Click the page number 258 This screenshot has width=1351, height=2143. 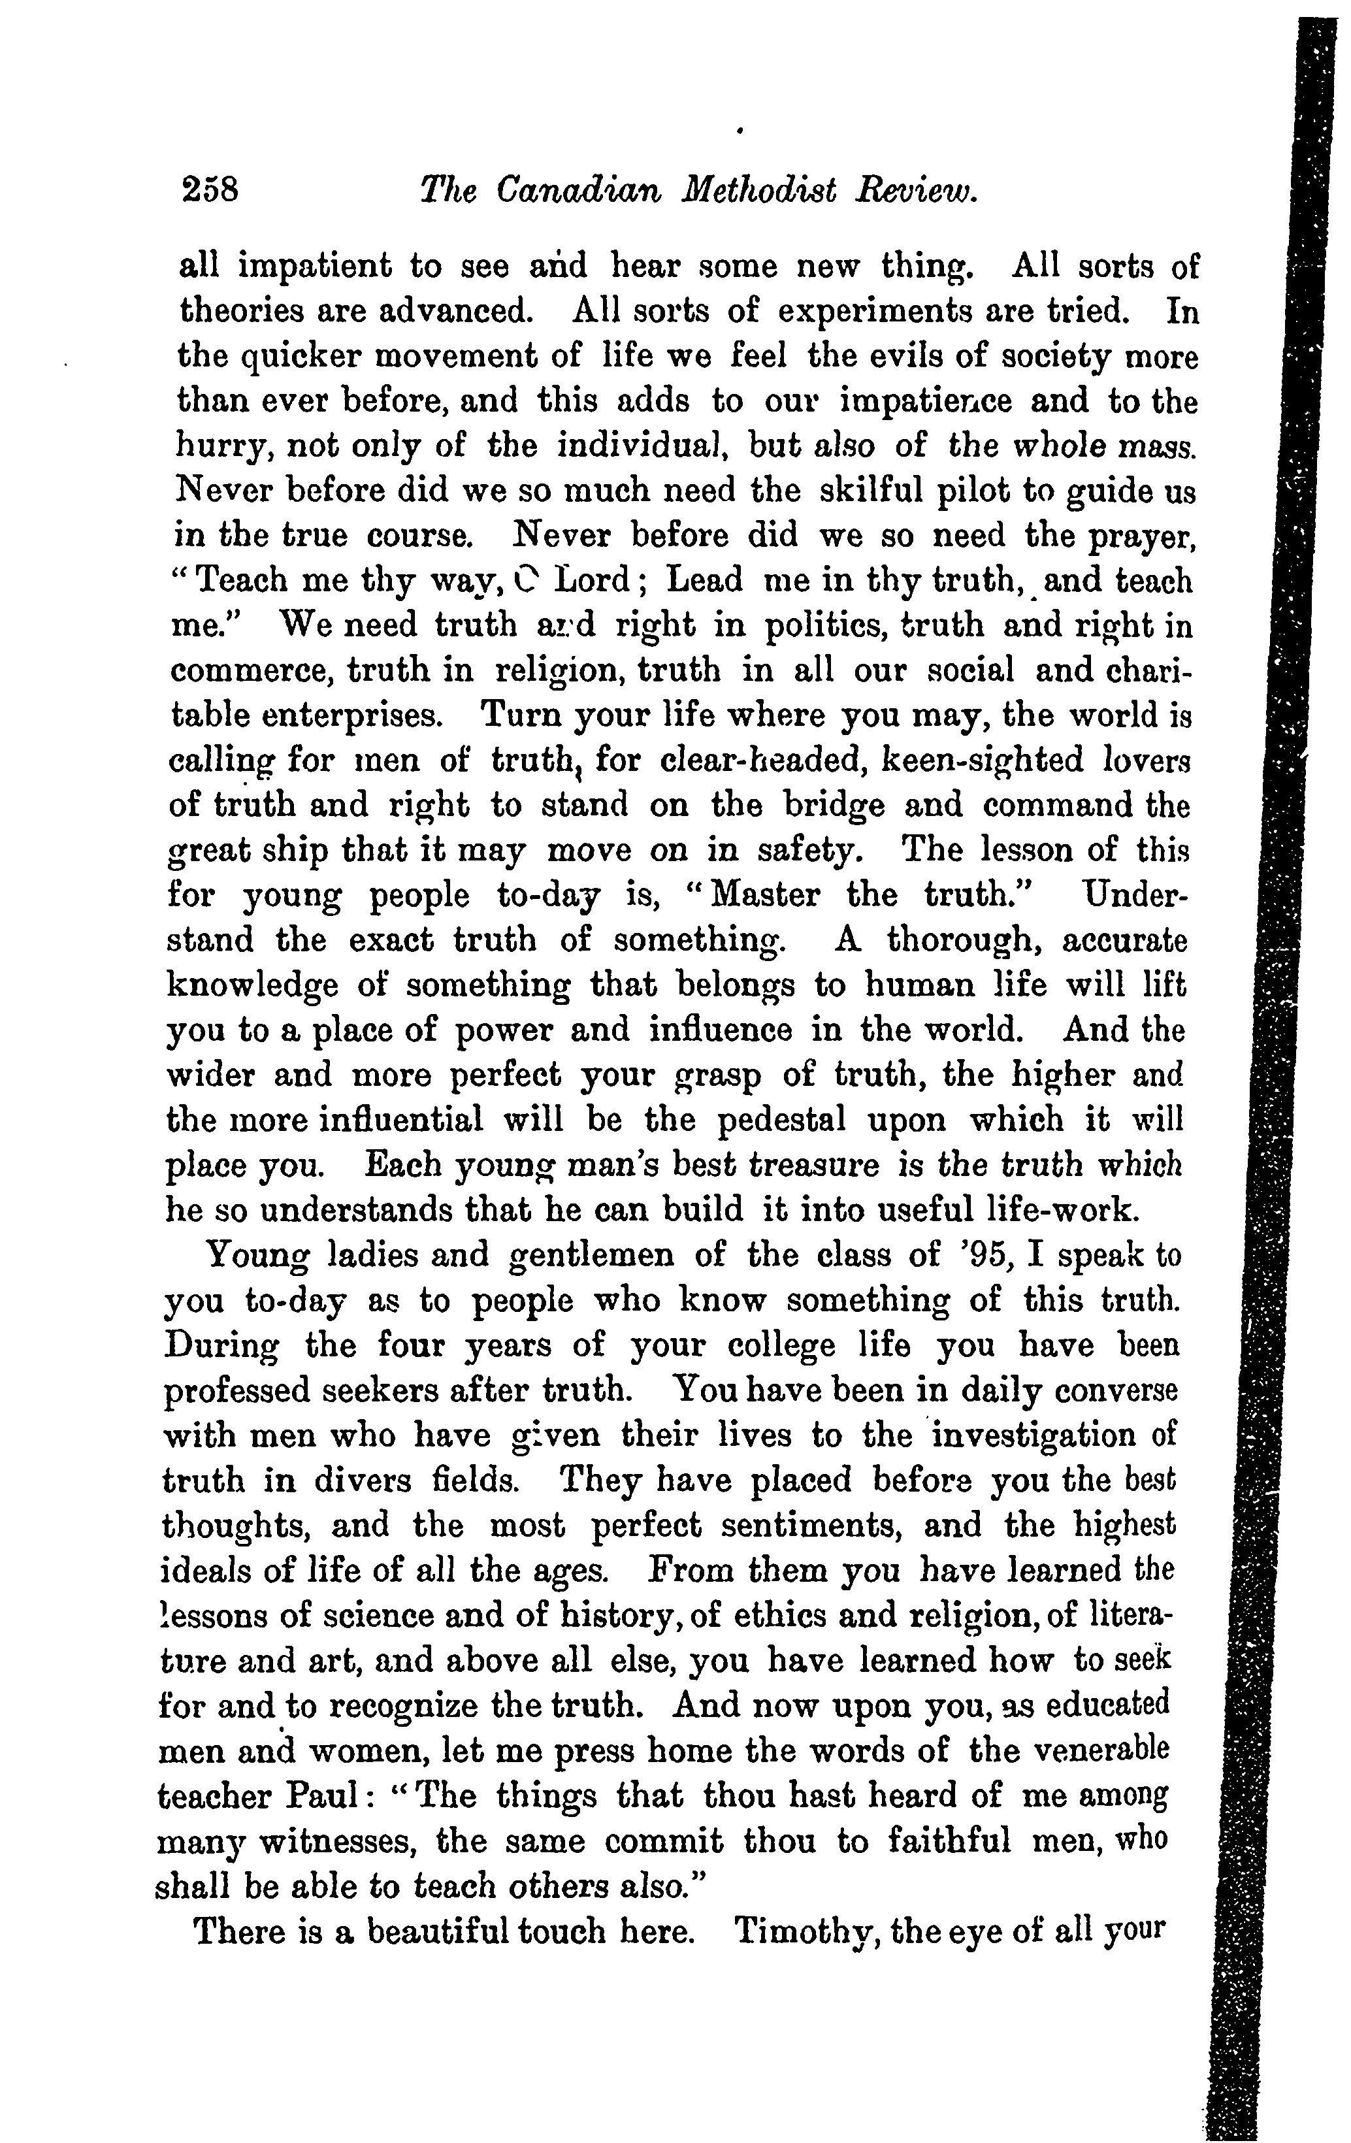[x=210, y=190]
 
